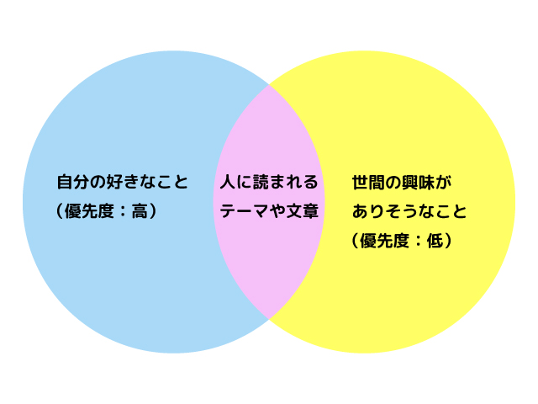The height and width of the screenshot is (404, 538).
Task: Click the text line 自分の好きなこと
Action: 122,181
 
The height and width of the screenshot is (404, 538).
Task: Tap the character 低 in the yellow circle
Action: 435,241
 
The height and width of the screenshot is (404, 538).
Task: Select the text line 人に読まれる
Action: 269,181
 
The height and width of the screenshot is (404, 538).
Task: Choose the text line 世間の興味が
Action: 402,181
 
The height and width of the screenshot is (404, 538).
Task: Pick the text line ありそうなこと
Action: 409,211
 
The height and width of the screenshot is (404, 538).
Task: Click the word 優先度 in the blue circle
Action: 92,211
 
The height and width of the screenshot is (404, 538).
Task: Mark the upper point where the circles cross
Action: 269,85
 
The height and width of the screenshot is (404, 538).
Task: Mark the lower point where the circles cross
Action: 269,319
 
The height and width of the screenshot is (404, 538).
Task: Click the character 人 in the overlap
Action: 228,181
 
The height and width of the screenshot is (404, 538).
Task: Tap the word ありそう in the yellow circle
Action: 385,211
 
